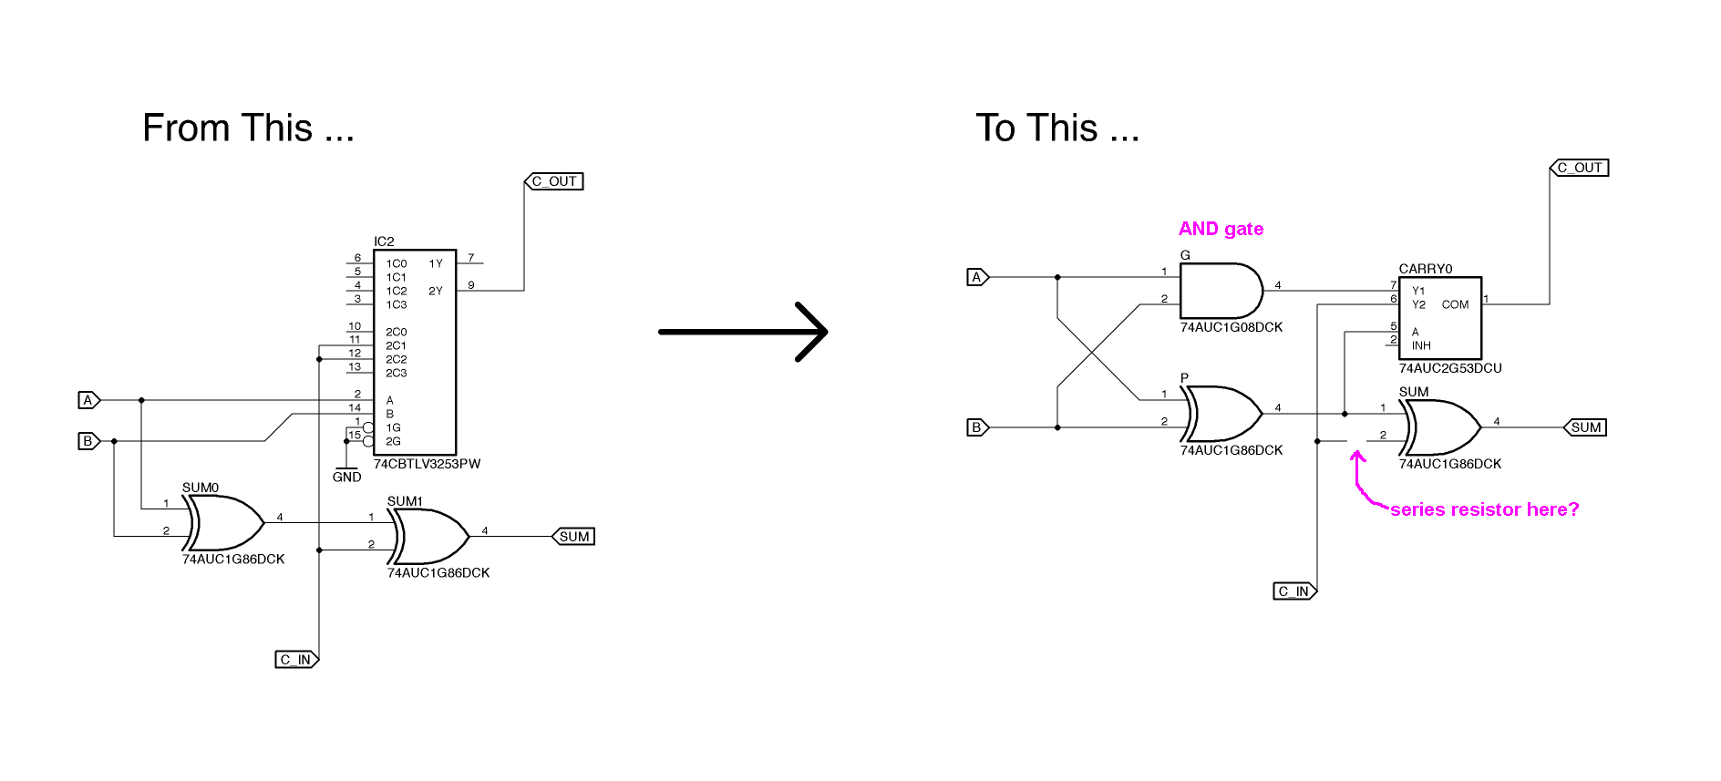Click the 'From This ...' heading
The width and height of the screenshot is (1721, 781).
coord(248,128)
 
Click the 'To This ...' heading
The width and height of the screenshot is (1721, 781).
coord(1057,128)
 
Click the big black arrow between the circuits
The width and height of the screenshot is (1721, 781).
coord(743,332)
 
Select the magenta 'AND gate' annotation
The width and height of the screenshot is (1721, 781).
coord(1221,229)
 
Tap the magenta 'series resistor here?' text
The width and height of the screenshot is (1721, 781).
coord(1484,509)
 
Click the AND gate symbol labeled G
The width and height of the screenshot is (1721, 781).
coord(1220,291)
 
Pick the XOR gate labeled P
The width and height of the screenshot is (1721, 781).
coord(1223,414)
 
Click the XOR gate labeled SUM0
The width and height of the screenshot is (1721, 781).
coord(226,523)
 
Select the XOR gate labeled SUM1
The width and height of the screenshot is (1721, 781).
coord(430,537)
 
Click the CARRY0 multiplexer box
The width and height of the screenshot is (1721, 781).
coord(1440,318)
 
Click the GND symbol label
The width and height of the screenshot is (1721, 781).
coord(346,477)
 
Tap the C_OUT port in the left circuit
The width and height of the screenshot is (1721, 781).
coord(554,181)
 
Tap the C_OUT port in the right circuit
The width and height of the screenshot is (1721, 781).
coord(1580,168)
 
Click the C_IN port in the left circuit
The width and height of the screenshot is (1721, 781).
coord(296,659)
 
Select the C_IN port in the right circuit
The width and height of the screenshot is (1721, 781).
coord(1294,591)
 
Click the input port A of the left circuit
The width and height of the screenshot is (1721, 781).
coord(88,400)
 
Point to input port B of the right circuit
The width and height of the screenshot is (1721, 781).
coord(976,427)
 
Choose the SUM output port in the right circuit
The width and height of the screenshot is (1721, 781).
coord(1585,427)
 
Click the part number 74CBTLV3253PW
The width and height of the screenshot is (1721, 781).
coord(427,464)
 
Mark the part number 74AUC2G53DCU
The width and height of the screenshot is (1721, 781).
coord(1450,368)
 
